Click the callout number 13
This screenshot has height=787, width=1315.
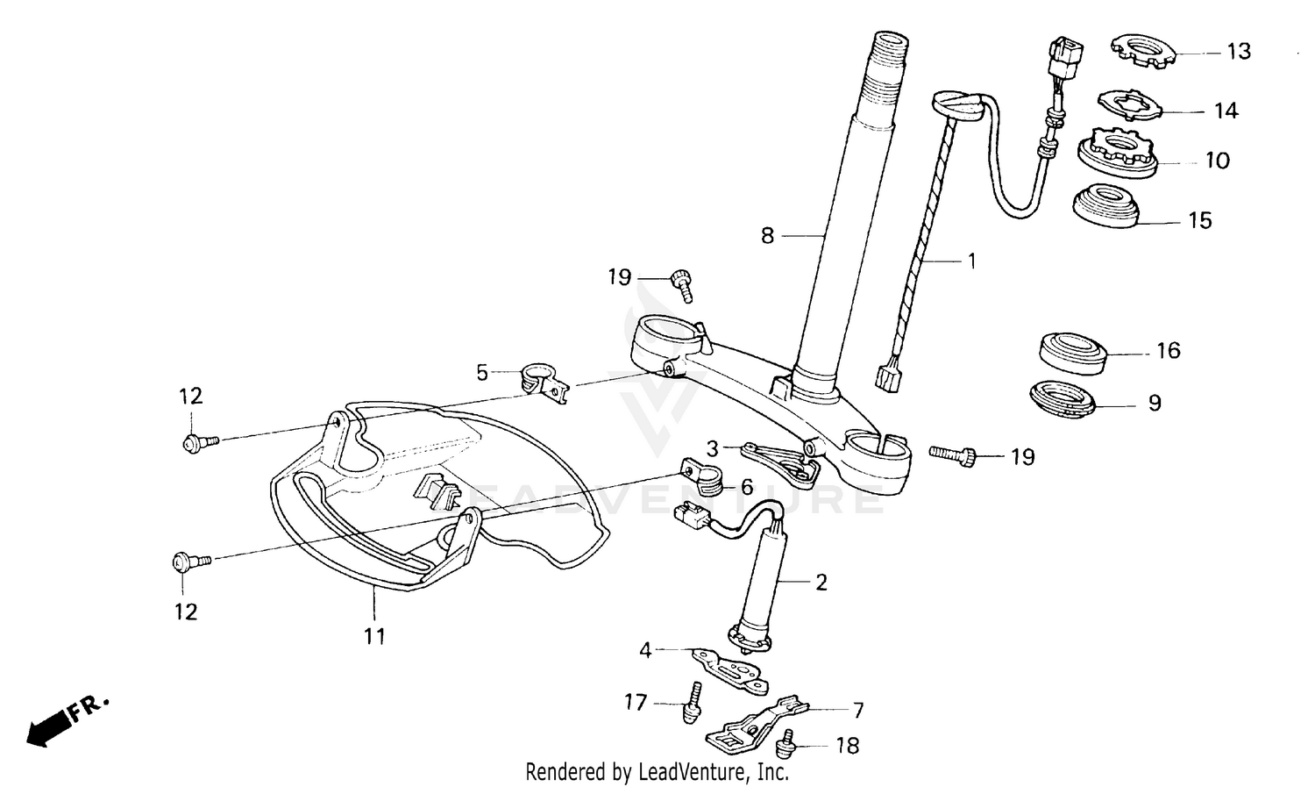(1238, 52)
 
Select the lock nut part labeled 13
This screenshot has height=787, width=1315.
(1141, 50)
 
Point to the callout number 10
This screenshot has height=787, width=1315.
(1218, 161)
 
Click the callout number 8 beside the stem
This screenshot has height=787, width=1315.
(768, 236)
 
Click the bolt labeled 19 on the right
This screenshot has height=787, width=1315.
(955, 454)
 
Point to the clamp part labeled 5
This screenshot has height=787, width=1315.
(543, 383)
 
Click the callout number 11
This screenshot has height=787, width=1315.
(375, 636)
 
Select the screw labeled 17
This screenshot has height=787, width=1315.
(692, 702)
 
